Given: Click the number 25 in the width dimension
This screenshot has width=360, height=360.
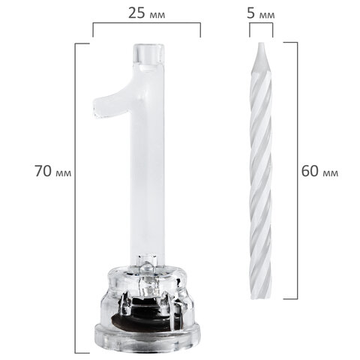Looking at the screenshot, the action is pyautogui.click(x=136, y=13).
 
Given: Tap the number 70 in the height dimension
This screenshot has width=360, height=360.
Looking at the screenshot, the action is pyautogui.click(x=43, y=171).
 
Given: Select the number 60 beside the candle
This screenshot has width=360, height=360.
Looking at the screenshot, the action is pyautogui.click(x=310, y=171).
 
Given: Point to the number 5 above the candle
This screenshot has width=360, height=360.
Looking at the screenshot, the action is pyautogui.click(x=250, y=13).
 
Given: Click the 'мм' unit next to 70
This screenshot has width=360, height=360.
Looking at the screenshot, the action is pyautogui.click(x=64, y=173).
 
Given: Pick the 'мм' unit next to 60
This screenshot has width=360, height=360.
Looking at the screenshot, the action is pyautogui.click(x=331, y=173).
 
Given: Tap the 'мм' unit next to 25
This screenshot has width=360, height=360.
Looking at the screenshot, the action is pyautogui.click(x=157, y=15).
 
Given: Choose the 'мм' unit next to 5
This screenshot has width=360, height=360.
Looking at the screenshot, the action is pyautogui.click(x=267, y=15).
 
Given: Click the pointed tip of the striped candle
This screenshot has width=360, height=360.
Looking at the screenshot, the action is pyautogui.click(x=261, y=43).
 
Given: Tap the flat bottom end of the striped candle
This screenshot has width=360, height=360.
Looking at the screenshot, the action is pyautogui.click(x=261, y=298).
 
